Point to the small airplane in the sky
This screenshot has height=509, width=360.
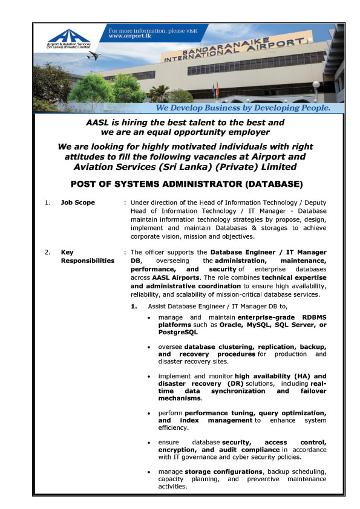[x=93, y=56]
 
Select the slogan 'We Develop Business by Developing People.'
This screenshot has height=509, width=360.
[x=234, y=108]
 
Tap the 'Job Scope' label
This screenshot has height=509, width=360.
[x=78, y=203]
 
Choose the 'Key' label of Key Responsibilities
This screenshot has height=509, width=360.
[x=67, y=252]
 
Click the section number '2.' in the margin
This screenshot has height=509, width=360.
[x=48, y=252]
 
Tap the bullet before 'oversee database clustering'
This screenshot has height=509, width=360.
[x=149, y=347]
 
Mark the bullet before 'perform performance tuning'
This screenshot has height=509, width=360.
[x=149, y=412]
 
